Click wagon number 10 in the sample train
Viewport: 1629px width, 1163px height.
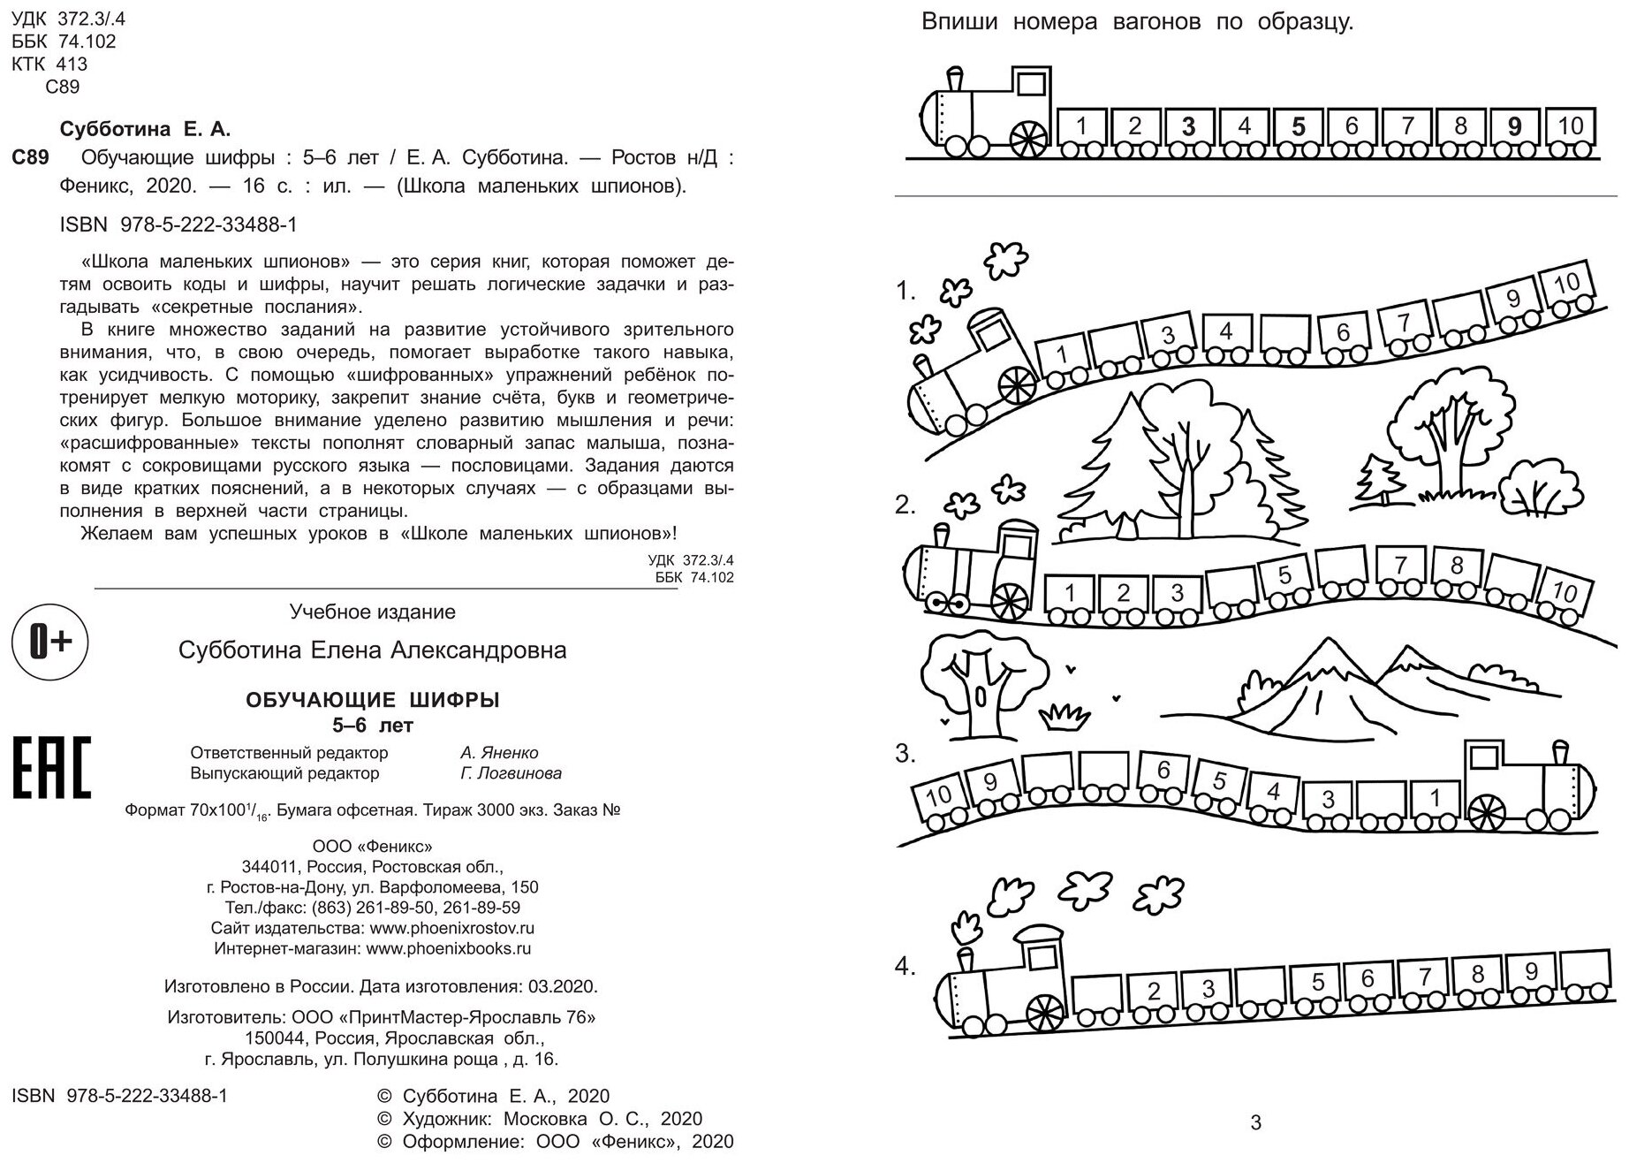click(x=1570, y=126)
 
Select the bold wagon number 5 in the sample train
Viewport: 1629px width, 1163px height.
click(x=1298, y=127)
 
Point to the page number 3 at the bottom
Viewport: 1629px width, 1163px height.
click(x=1256, y=1123)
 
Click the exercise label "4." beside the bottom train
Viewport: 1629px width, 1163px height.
click(x=904, y=966)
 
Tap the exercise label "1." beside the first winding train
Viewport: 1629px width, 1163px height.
click(x=905, y=291)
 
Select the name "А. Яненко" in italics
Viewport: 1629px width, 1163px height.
click(x=499, y=753)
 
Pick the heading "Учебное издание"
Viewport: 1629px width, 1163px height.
click(x=373, y=612)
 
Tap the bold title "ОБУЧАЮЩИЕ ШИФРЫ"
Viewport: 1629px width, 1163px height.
click(x=372, y=701)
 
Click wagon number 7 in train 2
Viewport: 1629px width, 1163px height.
click(x=1400, y=565)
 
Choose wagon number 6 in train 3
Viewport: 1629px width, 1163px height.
click(x=1163, y=772)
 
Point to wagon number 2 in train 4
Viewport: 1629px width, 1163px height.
click(x=1153, y=991)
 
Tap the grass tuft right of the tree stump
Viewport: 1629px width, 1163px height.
click(x=1065, y=716)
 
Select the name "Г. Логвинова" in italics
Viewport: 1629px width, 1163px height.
click(x=511, y=773)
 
